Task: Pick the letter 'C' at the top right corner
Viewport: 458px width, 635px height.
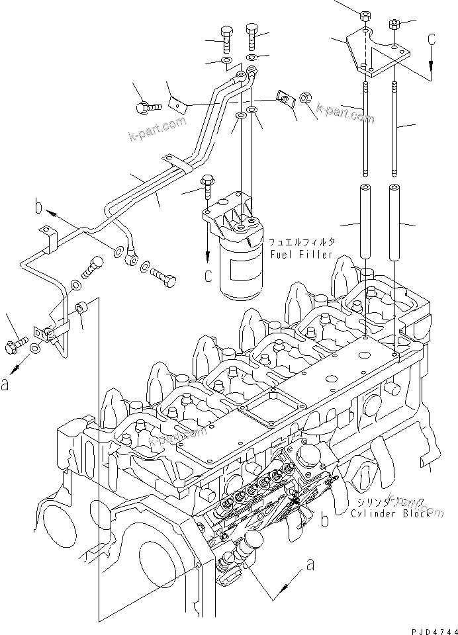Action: pos(432,40)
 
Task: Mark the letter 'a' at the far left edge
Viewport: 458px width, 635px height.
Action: pos(5,384)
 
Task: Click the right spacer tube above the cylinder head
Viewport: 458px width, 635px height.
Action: pos(395,222)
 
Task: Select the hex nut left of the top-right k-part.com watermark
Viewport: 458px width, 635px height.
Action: pos(306,98)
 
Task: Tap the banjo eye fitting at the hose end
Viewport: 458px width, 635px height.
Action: pos(131,254)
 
